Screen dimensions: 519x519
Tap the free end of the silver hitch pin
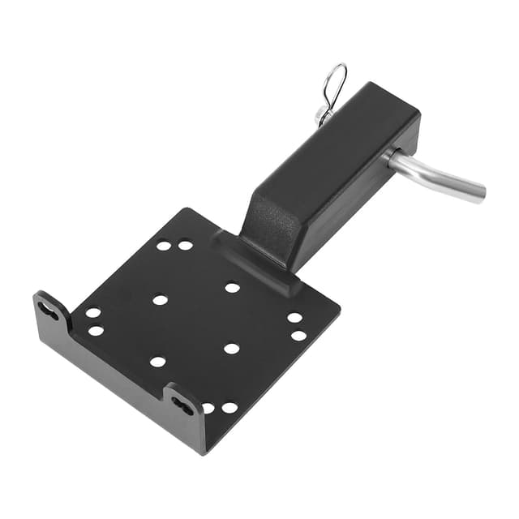click(479, 193)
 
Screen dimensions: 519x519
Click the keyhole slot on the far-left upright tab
click(48, 310)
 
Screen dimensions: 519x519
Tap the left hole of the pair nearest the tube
click(164, 245)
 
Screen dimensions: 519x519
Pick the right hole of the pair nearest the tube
click(186, 244)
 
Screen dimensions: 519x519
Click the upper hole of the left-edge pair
click(93, 313)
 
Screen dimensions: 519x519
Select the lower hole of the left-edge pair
click(96, 330)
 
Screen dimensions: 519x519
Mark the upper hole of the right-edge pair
click(294, 318)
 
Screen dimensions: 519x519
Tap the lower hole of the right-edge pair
click(298, 335)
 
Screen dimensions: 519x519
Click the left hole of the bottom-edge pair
click(208, 408)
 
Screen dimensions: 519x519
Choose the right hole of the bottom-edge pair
click(229, 408)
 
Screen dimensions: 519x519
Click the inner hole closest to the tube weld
click(233, 287)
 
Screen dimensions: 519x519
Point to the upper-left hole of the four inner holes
click(161, 299)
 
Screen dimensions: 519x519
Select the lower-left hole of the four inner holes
click(158, 362)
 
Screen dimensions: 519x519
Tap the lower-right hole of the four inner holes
click(231, 349)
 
